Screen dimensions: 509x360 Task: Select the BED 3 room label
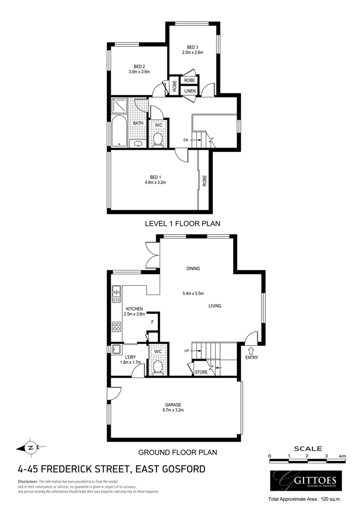click(x=192, y=47)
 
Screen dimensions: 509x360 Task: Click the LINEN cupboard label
click(x=190, y=90)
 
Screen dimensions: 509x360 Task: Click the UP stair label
click(x=187, y=351)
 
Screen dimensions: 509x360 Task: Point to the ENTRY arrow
click(x=250, y=350)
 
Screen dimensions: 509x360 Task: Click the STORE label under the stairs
click(x=201, y=372)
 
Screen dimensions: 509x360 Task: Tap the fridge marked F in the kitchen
click(x=152, y=322)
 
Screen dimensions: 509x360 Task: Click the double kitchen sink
click(x=116, y=295)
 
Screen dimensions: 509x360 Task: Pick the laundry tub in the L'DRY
click(x=116, y=349)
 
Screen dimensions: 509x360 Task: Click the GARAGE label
click(x=173, y=404)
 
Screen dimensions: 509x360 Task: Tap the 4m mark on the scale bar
click(x=342, y=456)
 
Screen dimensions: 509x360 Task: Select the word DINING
click(x=193, y=269)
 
